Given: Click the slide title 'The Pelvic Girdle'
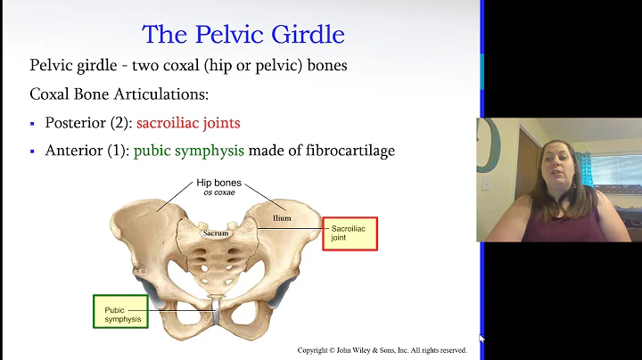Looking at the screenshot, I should (243, 35).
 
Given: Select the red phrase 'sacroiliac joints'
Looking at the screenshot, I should (188, 123).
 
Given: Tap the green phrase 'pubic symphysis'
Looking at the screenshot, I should (189, 151).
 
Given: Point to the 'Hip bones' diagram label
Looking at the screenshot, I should (219, 183).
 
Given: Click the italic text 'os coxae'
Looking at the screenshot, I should (219, 192).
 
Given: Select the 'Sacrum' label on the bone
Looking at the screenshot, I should (216, 233).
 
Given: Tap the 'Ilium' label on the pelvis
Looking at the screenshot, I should (283, 217).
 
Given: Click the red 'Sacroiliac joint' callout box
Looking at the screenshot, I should (350, 233).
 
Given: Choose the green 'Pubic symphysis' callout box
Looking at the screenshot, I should (120, 312).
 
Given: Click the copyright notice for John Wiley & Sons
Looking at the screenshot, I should (382, 350).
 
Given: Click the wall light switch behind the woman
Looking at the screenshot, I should (486, 184).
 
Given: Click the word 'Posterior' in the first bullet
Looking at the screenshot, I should (75, 123).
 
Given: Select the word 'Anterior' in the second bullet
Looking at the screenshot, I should (74, 151).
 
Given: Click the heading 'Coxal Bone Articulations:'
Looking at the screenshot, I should (112, 94).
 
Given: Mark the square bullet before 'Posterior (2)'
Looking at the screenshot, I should (33, 124).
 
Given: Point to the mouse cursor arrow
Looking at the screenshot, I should (481, 339).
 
